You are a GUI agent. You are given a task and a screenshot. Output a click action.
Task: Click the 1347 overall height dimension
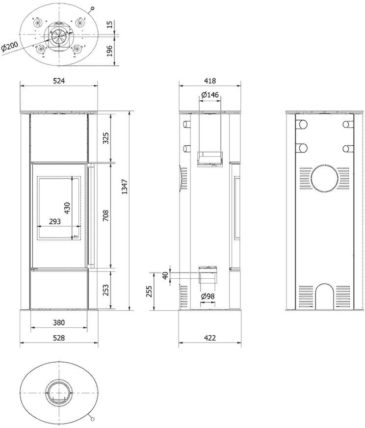(125, 187)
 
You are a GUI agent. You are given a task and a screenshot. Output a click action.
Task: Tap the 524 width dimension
(59, 80)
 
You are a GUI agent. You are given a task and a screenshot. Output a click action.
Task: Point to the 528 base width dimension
(59, 338)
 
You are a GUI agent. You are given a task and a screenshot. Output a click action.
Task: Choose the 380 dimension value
(59, 322)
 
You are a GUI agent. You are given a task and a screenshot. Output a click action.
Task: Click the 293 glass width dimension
(54, 221)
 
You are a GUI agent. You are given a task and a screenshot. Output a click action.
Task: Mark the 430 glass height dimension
(67, 208)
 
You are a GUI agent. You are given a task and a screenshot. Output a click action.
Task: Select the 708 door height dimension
(106, 215)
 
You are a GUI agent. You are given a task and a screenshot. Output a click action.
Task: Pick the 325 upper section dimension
(106, 138)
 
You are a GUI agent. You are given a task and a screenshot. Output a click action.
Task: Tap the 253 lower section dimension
(106, 290)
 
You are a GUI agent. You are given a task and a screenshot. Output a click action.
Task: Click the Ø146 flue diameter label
(210, 95)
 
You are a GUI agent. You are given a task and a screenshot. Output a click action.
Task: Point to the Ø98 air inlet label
(208, 296)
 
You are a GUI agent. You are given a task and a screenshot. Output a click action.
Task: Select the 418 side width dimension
(210, 80)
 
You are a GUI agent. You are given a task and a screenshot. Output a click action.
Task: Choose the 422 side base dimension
(210, 338)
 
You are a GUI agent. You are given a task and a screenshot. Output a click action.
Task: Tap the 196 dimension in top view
(109, 51)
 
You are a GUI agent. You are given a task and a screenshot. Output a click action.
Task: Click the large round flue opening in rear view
(325, 179)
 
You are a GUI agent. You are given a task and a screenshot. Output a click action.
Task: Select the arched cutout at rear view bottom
(325, 296)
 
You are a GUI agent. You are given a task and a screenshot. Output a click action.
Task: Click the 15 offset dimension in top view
(109, 25)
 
